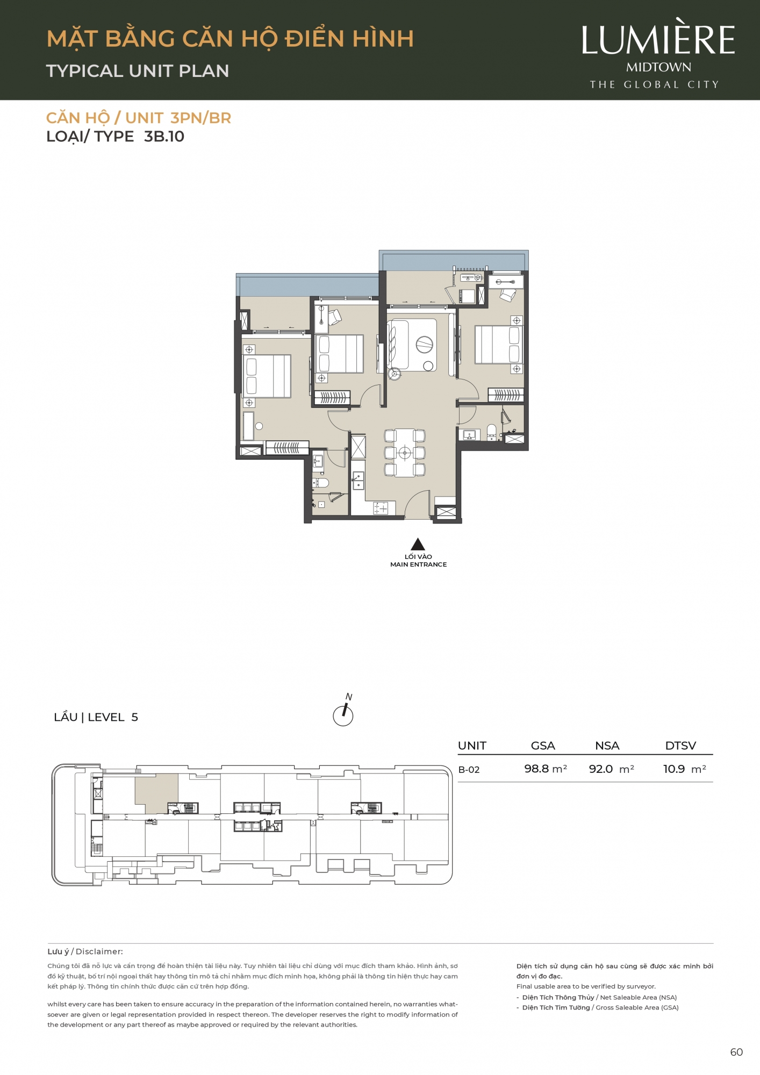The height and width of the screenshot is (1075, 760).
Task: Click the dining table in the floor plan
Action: [405, 453]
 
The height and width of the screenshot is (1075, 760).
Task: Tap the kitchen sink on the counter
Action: [358, 480]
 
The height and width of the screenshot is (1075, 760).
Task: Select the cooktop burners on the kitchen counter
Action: [381, 508]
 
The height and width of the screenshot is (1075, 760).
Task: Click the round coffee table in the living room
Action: [425, 344]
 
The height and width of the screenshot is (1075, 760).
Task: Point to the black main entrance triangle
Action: [418, 544]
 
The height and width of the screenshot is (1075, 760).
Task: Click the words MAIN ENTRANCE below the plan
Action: [418, 564]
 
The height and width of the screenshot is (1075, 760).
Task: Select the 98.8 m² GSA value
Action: [546, 769]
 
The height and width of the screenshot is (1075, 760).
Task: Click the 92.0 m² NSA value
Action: [611, 769]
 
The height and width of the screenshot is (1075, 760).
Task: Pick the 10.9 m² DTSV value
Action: [684, 769]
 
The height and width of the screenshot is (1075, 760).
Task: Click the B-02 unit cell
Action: [469, 770]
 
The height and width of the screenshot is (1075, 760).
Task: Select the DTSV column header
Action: [680, 746]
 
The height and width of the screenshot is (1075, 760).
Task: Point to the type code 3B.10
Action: [164, 137]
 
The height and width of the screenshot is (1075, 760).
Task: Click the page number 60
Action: [736, 1052]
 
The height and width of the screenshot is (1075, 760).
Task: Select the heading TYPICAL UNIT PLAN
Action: [138, 71]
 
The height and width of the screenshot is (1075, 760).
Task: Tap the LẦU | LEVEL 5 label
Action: [96, 717]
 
